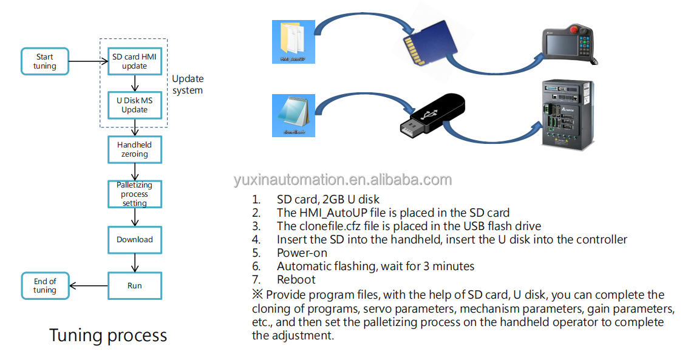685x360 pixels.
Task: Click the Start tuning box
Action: click(45, 61)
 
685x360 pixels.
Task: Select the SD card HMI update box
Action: click(134, 61)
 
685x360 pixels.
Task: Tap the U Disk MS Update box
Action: click(134, 104)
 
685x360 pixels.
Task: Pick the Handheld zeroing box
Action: click(134, 149)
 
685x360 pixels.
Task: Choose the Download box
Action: click(134, 240)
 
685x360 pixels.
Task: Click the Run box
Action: click(134, 285)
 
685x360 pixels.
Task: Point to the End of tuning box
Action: click(45, 285)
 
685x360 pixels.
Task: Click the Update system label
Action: click(188, 84)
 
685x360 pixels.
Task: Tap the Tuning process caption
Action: click(108, 335)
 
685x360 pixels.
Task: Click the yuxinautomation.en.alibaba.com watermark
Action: click(342, 180)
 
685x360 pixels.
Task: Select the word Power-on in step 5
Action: click(302, 253)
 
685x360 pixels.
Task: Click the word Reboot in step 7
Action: click(296, 279)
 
